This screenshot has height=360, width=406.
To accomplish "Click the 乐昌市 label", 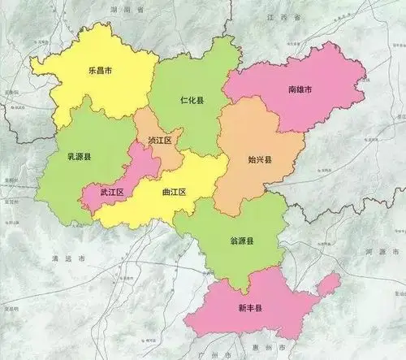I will coord(100,70).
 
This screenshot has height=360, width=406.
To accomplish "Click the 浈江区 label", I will coord(160,141).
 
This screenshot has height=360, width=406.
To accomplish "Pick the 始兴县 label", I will coord(260,160).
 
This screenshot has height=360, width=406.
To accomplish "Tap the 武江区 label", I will coord(111,193).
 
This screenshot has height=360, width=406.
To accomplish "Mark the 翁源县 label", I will coord(242,241).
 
